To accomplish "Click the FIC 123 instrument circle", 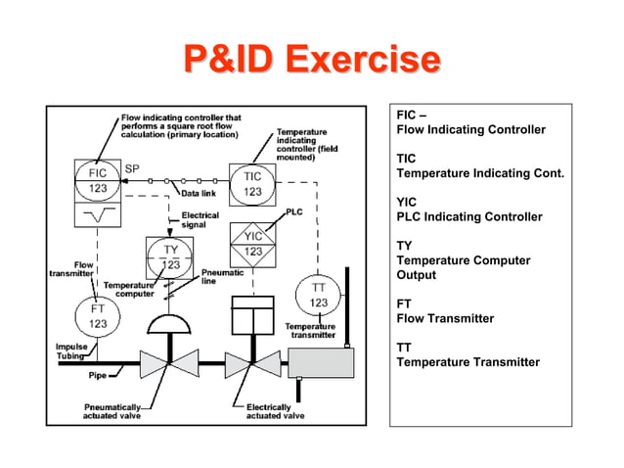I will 99,182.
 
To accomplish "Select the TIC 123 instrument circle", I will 252,183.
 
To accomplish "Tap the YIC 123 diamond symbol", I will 252,243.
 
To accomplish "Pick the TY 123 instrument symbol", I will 170,257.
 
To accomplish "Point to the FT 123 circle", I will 99,314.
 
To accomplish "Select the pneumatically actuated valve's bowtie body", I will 169,363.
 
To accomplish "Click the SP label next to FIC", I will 133,169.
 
